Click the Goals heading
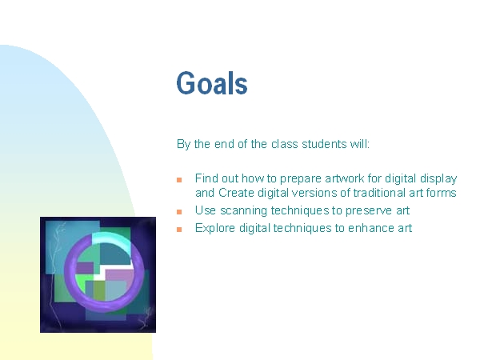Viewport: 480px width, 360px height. click(212, 82)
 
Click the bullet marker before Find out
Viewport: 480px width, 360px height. click(179, 180)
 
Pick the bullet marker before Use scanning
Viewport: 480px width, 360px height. click(179, 211)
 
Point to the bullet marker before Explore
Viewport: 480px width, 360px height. click(179, 229)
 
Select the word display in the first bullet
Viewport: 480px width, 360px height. click(438, 178)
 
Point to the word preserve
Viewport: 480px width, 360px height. click(369, 211)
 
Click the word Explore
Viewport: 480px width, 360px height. click(215, 228)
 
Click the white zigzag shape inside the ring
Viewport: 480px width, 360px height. click(114, 270)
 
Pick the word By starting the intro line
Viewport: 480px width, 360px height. click(183, 144)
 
